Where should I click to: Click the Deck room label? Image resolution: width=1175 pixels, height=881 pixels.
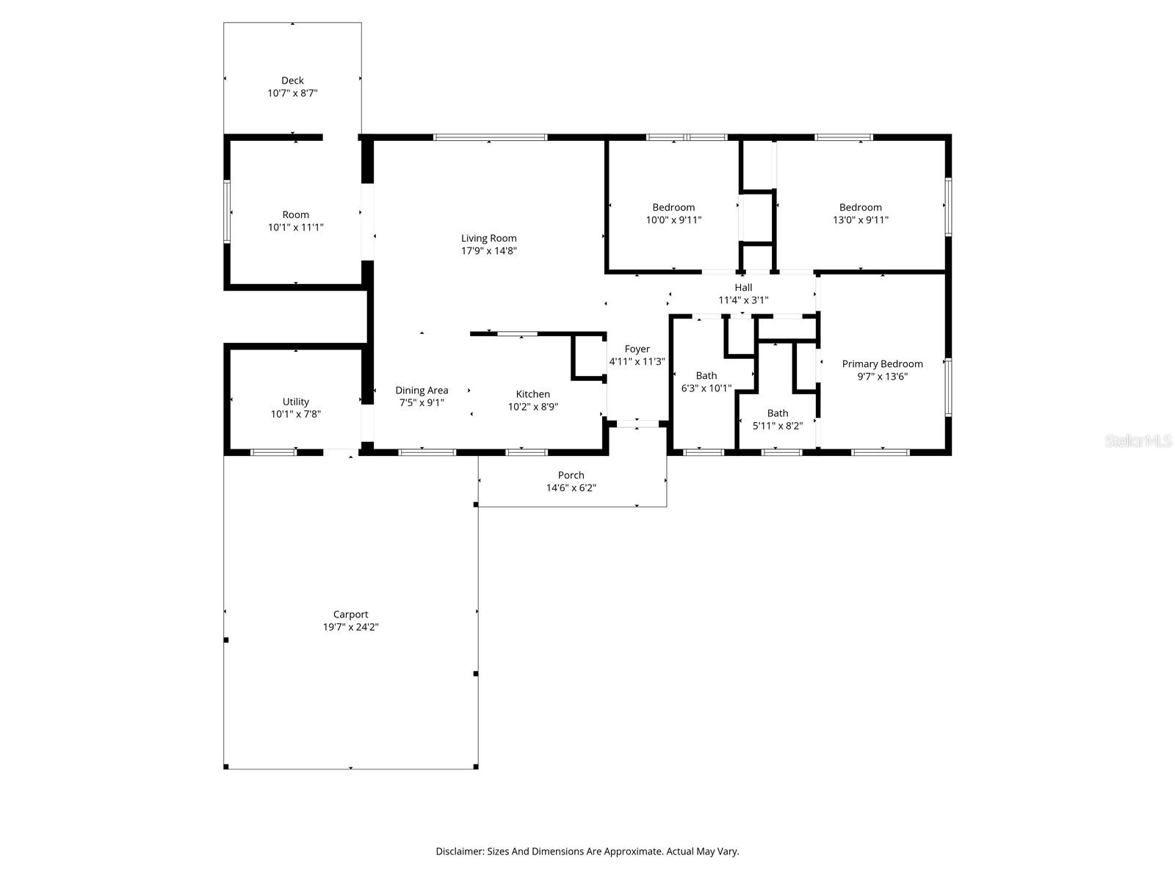[292, 81]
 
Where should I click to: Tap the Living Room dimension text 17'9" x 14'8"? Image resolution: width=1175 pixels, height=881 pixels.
[489, 251]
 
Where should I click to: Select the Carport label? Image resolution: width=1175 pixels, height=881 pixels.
[350, 614]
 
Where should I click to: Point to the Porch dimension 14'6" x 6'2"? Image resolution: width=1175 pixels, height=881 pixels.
[571, 488]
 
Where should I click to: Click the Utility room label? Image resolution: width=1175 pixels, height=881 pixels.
[295, 402]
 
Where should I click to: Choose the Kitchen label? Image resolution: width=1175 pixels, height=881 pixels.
[532, 394]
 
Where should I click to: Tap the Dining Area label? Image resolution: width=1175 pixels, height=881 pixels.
[422, 391]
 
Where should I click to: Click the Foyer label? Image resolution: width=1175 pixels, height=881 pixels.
[637, 349]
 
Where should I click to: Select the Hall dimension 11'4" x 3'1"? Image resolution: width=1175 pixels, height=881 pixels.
[743, 300]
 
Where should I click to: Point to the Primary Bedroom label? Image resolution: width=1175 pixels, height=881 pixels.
[882, 364]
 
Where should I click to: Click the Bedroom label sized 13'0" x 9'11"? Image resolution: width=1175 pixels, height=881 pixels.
[861, 208]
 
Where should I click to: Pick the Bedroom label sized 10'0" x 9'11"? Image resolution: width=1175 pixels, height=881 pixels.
[673, 208]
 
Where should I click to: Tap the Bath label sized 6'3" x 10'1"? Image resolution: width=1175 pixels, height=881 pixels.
[706, 376]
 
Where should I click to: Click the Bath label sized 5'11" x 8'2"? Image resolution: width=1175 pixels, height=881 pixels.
[777, 413]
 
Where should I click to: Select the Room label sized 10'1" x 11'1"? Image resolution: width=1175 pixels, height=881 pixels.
[295, 215]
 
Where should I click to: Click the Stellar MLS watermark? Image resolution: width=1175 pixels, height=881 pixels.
[1138, 441]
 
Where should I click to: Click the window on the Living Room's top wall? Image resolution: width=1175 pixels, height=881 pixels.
[490, 137]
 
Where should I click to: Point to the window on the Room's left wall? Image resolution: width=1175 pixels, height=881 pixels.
[228, 211]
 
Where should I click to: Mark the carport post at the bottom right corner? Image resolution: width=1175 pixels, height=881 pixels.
[476, 766]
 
